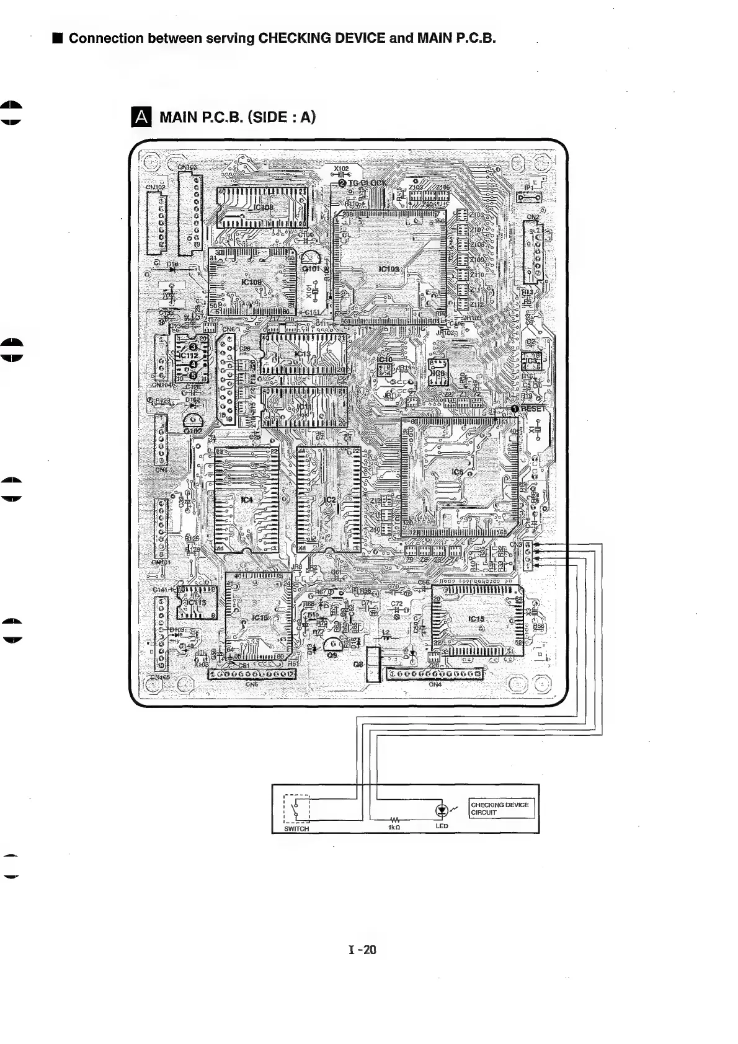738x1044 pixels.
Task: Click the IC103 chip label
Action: coord(389,269)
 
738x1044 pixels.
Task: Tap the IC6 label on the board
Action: coord(458,472)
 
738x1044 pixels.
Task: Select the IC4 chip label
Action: coord(247,500)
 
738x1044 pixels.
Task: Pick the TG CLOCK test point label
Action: coord(367,183)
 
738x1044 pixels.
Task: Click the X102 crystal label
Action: coord(341,169)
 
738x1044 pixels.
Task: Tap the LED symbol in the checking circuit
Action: coord(441,810)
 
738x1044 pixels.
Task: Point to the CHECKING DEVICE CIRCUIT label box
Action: coord(500,808)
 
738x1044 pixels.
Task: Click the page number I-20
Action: coord(363,950)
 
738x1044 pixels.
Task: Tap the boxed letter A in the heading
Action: coord(142,117)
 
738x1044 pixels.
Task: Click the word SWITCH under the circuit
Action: coord(296,829)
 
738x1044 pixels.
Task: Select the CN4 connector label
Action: coord(435,684)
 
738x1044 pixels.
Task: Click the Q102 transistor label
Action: coord(193,430)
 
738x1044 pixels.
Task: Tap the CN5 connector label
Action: coord(251,684)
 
